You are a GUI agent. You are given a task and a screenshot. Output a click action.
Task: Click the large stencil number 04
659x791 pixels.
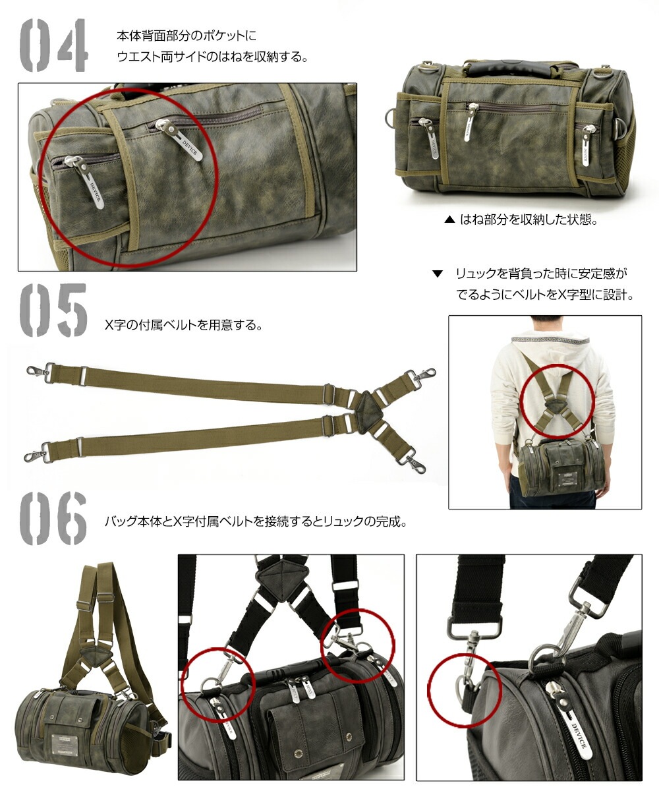click(x=53, y=45)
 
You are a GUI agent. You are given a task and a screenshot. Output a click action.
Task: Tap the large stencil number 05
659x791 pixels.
click(x=53, y=310)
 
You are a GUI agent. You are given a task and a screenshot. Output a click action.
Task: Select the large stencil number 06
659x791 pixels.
click(x=53, y=518)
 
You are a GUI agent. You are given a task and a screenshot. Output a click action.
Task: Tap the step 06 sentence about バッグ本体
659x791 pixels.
click(x=255, y=521)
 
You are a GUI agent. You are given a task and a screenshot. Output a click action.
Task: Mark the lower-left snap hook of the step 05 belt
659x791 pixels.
click(x=33, y=456)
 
